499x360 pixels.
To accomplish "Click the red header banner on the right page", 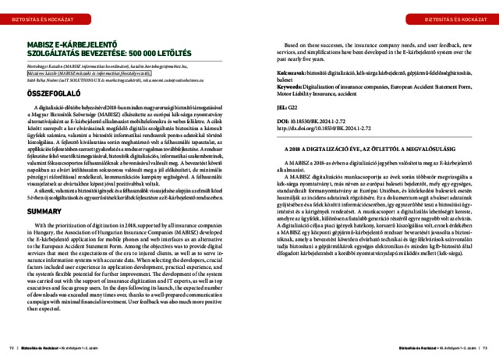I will point(452,16).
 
